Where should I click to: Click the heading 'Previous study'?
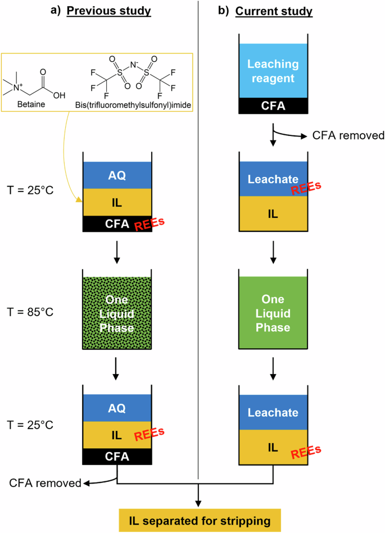[x=108, y=12]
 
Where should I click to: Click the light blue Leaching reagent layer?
[x=272, y=71]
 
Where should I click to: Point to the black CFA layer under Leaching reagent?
[x=272, y=104]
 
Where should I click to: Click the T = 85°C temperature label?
[x=34, y=310]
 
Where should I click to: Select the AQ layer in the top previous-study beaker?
[x=117, y=175]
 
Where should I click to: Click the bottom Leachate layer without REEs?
[x=272, y=412]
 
